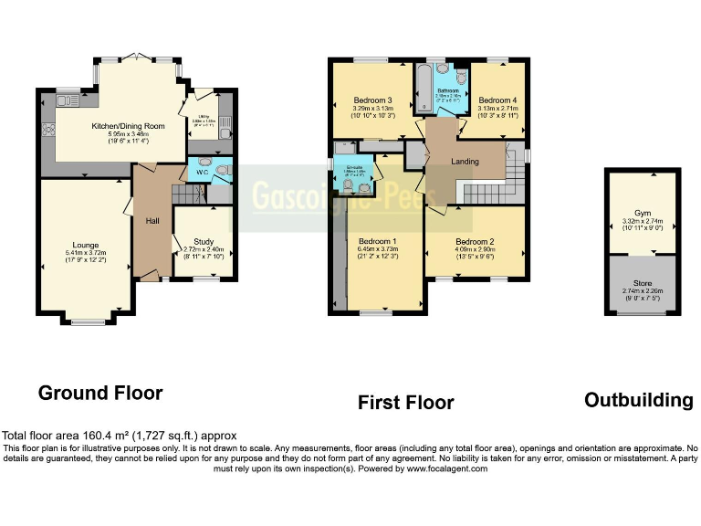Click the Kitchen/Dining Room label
128,126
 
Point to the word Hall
153,221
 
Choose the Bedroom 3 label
372,100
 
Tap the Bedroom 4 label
497,100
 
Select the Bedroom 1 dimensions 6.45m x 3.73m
377,249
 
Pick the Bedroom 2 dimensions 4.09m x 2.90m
475,249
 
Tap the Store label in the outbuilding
643,283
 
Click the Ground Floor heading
100,394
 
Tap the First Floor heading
405,402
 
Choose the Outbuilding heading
638,400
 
